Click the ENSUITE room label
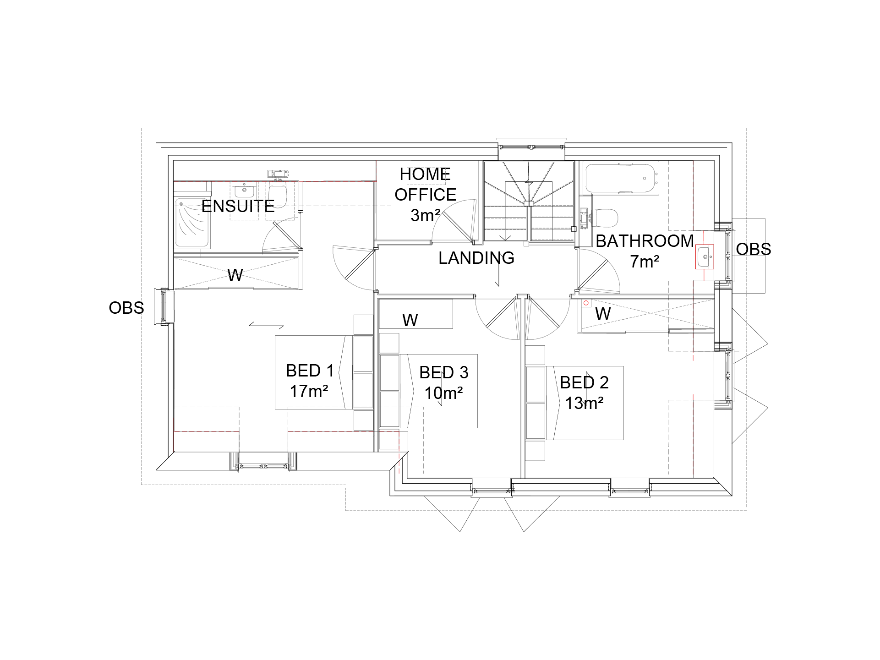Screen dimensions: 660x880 [x=238, y=207]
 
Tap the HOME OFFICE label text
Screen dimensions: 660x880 [x=425, y=185]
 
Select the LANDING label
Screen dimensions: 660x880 [x=476, y=258]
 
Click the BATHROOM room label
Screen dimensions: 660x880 [x=645, y=241]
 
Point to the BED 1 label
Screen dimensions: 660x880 [x=310, y=371]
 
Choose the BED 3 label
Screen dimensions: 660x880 [x=443, y=372]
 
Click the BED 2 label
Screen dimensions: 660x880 [x=584, y=382]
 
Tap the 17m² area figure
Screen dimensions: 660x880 [x=309, y=392]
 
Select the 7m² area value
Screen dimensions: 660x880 [x=645, y=262]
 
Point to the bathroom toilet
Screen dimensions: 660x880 [x=606, y=218]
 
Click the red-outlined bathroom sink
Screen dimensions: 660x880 [x=704, y=256]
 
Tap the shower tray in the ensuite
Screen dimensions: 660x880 [x=192, y=224]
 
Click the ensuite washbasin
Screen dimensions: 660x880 [x=244, y=189]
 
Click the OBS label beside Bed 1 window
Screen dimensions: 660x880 [x=126, y=308]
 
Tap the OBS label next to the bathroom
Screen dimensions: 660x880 [x=754, y=249]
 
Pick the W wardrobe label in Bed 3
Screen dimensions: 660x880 [x=410, y=320]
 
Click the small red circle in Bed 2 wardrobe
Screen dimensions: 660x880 [x=586, y=303]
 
